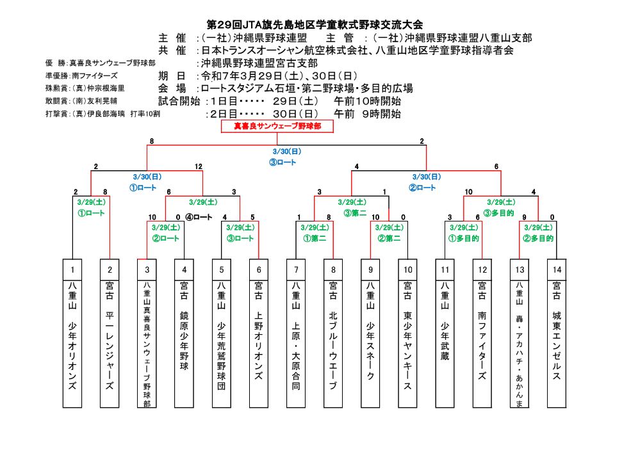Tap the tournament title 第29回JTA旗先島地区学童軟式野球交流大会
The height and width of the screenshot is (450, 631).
pos(315,24)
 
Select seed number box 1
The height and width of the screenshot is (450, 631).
pos(73,269)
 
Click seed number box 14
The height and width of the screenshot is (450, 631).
pos(557,269)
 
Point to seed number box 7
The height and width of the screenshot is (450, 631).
pos(296,269)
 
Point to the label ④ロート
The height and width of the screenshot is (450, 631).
pos(199,217)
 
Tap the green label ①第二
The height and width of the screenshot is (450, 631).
pos(315,238)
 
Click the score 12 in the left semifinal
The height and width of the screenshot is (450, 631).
pos(199,166)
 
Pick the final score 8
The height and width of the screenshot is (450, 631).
pos(152,141)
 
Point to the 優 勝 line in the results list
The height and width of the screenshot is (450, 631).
pos(100,63)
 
